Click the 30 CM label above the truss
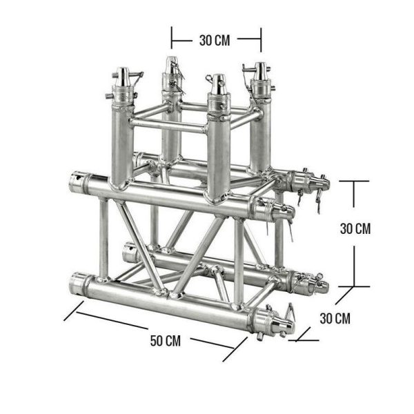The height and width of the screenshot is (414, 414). click(x=215, y=39)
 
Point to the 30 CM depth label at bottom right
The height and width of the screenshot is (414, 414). click(x=335, y=318)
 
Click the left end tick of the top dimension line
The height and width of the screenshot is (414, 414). click(x=172, y=39)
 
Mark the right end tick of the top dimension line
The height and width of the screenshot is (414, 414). click(x=261, y=39)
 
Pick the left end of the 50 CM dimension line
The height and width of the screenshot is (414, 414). click(x=66, y=319)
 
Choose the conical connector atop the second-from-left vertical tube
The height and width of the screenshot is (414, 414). click(x=170, y=66)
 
